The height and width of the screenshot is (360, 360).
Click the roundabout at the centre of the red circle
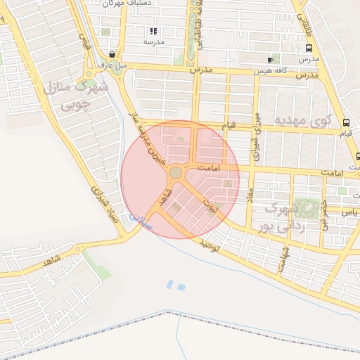(176, 173)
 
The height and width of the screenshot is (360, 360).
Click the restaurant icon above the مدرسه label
(154, 31)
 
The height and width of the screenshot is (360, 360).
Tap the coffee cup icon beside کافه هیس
(270, 60)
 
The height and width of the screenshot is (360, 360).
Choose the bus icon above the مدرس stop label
(309, 48)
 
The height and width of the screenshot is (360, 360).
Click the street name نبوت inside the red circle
(210, 205)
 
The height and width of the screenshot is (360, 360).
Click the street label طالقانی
(310, 15)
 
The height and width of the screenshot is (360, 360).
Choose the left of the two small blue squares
(170, 284)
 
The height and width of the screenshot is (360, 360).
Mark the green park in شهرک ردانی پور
(307, 207)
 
